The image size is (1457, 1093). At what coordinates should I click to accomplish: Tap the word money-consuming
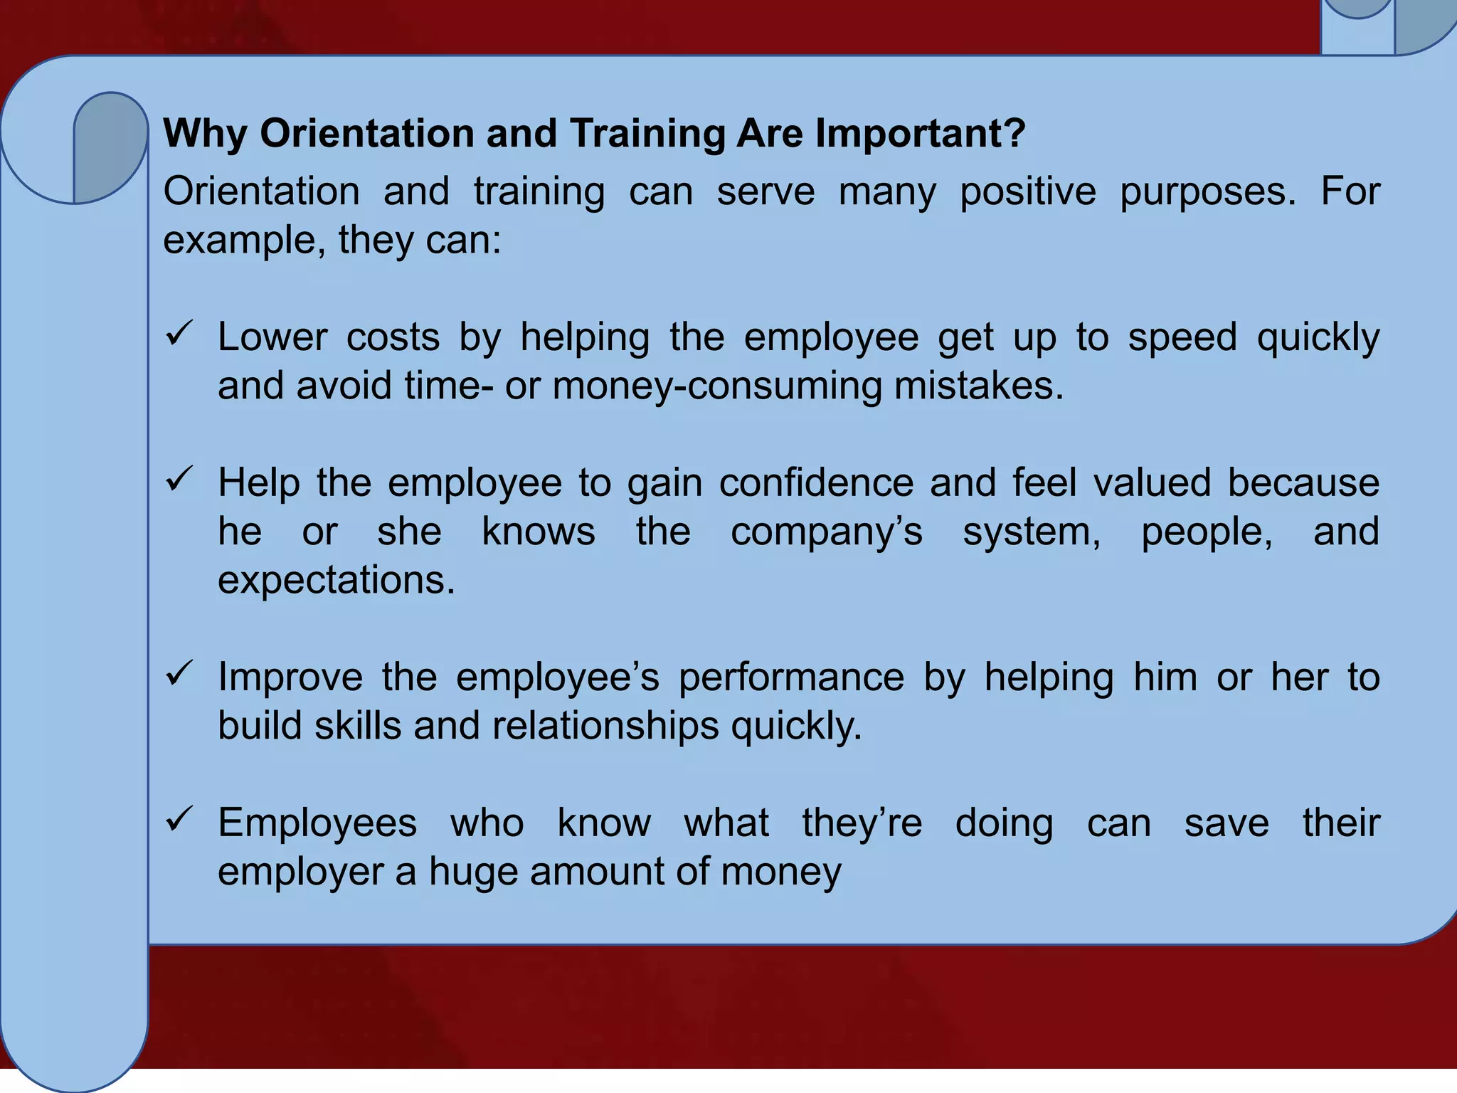coord(716,386)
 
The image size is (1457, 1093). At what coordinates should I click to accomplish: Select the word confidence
coord(817,483)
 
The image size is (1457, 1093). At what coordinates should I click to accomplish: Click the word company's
coord(827,532)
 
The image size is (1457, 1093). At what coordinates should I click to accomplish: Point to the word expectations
coord(336,581)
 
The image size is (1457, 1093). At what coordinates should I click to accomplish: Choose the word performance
coord(791,677)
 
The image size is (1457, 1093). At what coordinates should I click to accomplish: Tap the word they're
coord(862,823)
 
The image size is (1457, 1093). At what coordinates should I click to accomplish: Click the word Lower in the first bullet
coord(272,337)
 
